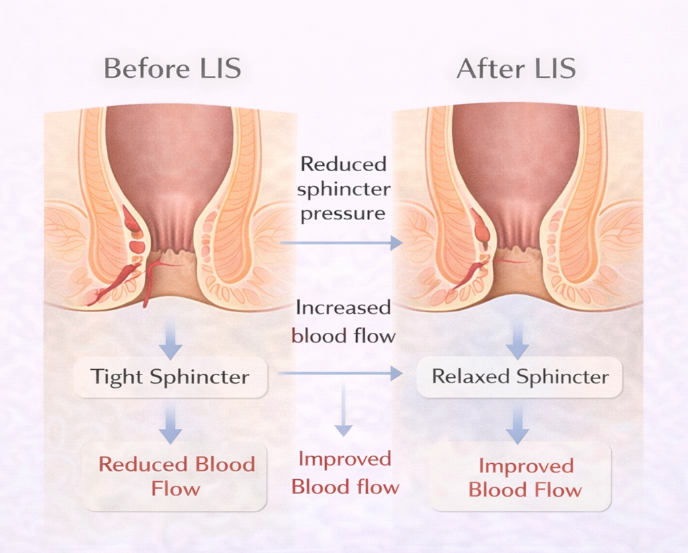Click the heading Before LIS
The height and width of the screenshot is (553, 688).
(x=172, y=69)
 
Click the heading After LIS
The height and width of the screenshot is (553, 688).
(x=516, y=69)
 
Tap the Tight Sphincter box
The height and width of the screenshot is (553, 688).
(x=170, y=376)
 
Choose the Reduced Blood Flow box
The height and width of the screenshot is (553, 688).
(x=176, y=476)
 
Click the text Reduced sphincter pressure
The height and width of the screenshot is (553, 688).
(x=343, y=189)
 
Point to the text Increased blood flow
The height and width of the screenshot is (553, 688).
(x=343, y=321)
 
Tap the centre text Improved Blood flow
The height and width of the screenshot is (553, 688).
(x=345, y=472)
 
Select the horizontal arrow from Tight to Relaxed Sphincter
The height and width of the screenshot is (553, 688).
(x=340, y=372)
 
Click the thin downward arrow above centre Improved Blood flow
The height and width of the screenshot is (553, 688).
(x=343, y=409)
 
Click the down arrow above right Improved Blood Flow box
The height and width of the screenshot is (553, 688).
(x=517, y=424)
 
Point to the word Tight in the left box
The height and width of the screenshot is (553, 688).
(x=118, y=376)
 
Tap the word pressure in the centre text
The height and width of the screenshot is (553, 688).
(x=343, y=214)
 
